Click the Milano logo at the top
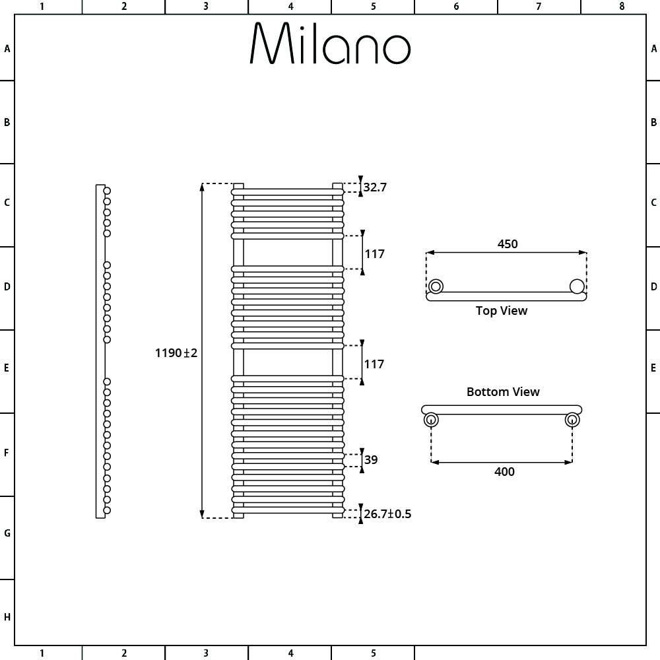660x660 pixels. [x=330, y=44]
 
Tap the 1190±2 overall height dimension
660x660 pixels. [x=176, y=352]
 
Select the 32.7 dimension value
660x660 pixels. [x=375, y=187]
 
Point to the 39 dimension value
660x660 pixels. [x=371, y=459]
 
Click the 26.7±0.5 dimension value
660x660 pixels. [x=387, y=514]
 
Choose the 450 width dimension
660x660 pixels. [x=507, y=244]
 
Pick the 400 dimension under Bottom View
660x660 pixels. [x=504, y=471]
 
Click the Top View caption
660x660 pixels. [x=502, y=311]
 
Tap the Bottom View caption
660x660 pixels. [x=503, y=392]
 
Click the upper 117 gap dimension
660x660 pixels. [x=374, y=254]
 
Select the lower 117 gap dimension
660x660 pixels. [x=374, y=364]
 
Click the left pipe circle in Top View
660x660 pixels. [x=436, y=286]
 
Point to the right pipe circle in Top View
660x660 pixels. [x=577, y=286]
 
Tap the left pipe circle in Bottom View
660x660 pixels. [x=431, y=420]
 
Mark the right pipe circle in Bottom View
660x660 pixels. [x=572, y=420]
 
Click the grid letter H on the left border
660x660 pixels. [x=7, y=617]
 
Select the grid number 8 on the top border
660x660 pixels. [x=622, y=7]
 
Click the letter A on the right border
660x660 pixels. [x=653, y=49]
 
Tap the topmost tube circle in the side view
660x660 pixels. [x=107, y=191]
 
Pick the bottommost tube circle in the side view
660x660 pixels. [x=107, y=511]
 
